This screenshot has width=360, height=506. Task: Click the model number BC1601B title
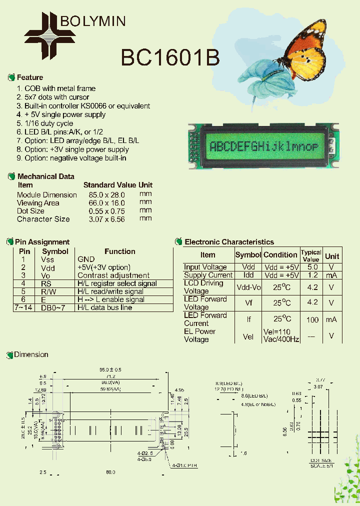tap(170, 58)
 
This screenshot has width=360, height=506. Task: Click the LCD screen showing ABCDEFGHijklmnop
tap(263, 146)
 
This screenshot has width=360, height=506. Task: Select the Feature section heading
tap(29, 77)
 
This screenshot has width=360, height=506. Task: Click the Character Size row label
tap(43, 219)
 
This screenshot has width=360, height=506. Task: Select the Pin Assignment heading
tap(42, 242)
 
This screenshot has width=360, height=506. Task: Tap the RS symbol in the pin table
tap(46, 283)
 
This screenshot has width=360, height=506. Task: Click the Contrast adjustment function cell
tap(113, 275)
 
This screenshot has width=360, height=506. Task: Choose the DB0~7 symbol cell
tap(52, 307)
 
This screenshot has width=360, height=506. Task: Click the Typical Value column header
tap(310, 255)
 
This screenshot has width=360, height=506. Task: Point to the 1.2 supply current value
tap(312, 275)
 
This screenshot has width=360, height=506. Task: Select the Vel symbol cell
tap(248, 336)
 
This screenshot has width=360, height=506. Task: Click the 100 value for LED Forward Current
tap(312, 319)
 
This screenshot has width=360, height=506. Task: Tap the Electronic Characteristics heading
tap(229, 242)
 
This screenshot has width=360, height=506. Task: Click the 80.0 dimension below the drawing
tap(110, 472)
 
